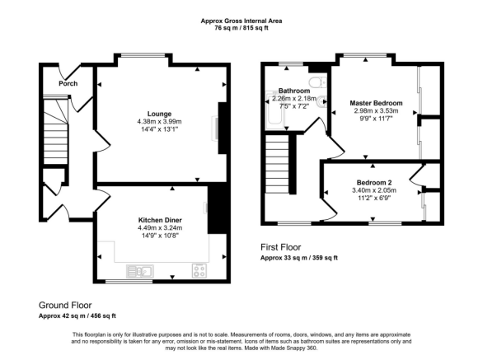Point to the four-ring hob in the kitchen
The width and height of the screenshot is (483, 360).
click(199, 269)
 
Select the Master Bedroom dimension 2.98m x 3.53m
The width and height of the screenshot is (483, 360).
click(374, 110)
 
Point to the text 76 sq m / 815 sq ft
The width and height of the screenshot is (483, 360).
click(241, 28)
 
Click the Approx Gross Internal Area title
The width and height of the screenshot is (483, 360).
click(241, 20)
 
